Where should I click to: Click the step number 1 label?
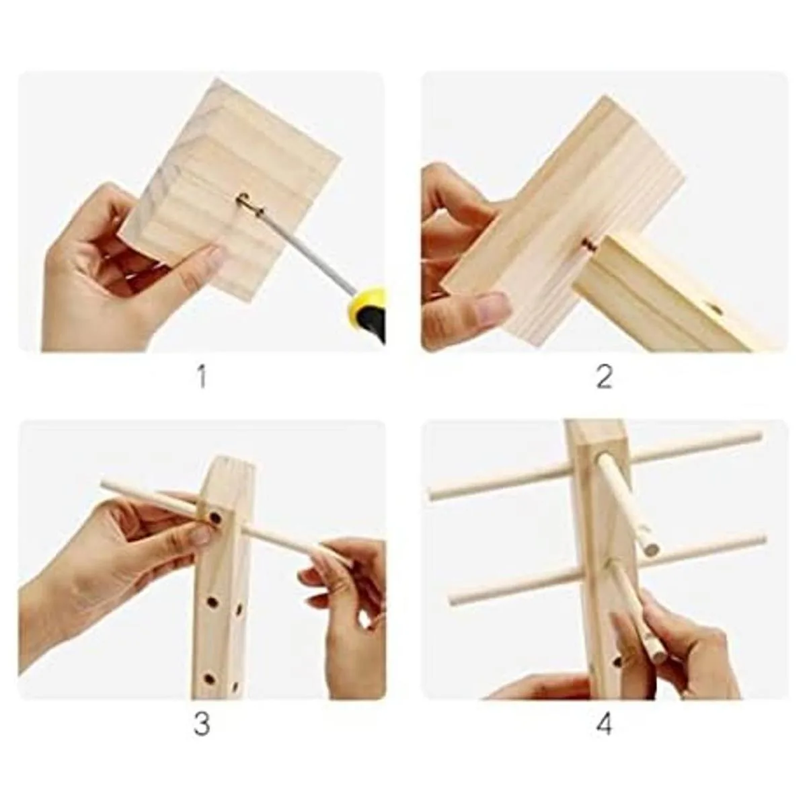tap(202, 376)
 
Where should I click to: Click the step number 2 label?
tap(604, 377)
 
